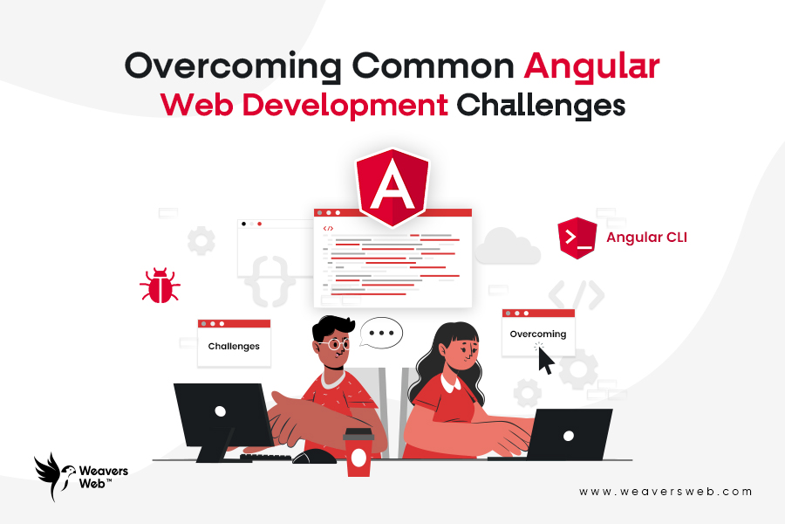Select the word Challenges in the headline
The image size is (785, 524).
542,106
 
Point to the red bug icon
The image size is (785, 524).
160,286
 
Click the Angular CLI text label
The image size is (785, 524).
646,237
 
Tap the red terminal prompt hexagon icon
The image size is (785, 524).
577,238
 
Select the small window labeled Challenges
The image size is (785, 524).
234,341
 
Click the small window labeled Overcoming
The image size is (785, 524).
537,332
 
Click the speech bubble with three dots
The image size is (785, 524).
381,333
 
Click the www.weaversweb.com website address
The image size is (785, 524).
665,492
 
